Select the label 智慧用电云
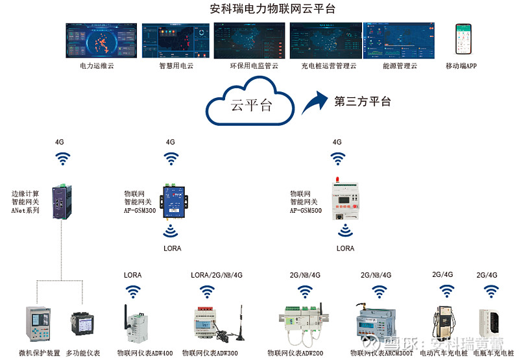click(176, 66)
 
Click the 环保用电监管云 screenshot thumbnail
click(250, 41)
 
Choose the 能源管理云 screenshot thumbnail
click(400, 41)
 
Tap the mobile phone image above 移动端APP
click(463, 40)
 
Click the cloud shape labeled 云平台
click(250, 104)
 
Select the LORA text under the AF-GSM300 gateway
click(172, 248)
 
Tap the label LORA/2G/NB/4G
click(216, 275)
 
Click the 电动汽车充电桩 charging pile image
click(442, 321)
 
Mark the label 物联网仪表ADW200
click(295, 354)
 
